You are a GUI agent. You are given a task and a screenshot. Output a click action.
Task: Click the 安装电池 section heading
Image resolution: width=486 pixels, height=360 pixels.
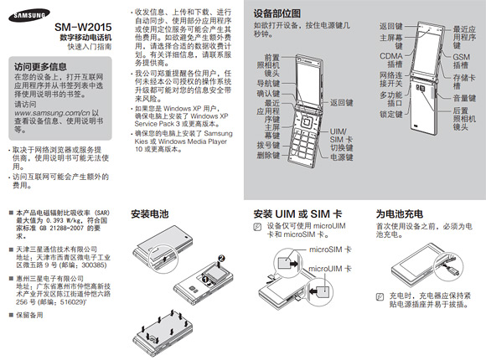click(x=151, y=215)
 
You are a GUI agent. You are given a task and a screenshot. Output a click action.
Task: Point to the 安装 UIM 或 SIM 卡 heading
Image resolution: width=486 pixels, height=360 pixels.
click(x=295, y=215)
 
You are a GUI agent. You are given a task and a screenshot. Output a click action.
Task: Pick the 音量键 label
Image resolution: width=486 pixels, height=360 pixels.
click(x=462, y=98)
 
